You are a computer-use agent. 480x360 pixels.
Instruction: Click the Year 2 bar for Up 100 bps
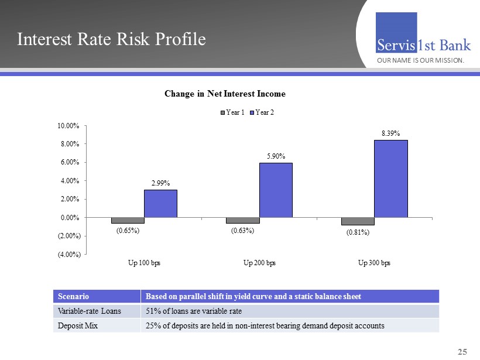pos(160,203)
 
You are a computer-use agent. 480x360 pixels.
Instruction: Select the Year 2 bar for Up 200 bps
pos(276,190)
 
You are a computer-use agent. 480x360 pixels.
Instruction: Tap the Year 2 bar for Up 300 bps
pos(390,179)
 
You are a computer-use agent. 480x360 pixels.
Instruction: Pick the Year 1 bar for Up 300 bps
pos(358,221)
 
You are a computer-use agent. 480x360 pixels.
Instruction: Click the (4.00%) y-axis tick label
pos(68,254)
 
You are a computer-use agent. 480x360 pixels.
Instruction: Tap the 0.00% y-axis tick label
pos(70,218)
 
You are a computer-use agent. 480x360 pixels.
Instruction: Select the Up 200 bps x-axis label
pos(259,262)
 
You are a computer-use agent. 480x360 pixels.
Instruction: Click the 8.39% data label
pos(390,133)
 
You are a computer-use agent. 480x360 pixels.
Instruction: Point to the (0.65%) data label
pos(127,231)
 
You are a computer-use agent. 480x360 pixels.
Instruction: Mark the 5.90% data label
pos(275,156)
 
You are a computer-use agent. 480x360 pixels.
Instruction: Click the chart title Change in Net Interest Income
pos(225,94)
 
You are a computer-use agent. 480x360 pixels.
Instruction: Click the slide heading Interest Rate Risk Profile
pos(111,39)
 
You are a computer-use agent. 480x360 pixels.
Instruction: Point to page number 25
pos(462,351)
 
